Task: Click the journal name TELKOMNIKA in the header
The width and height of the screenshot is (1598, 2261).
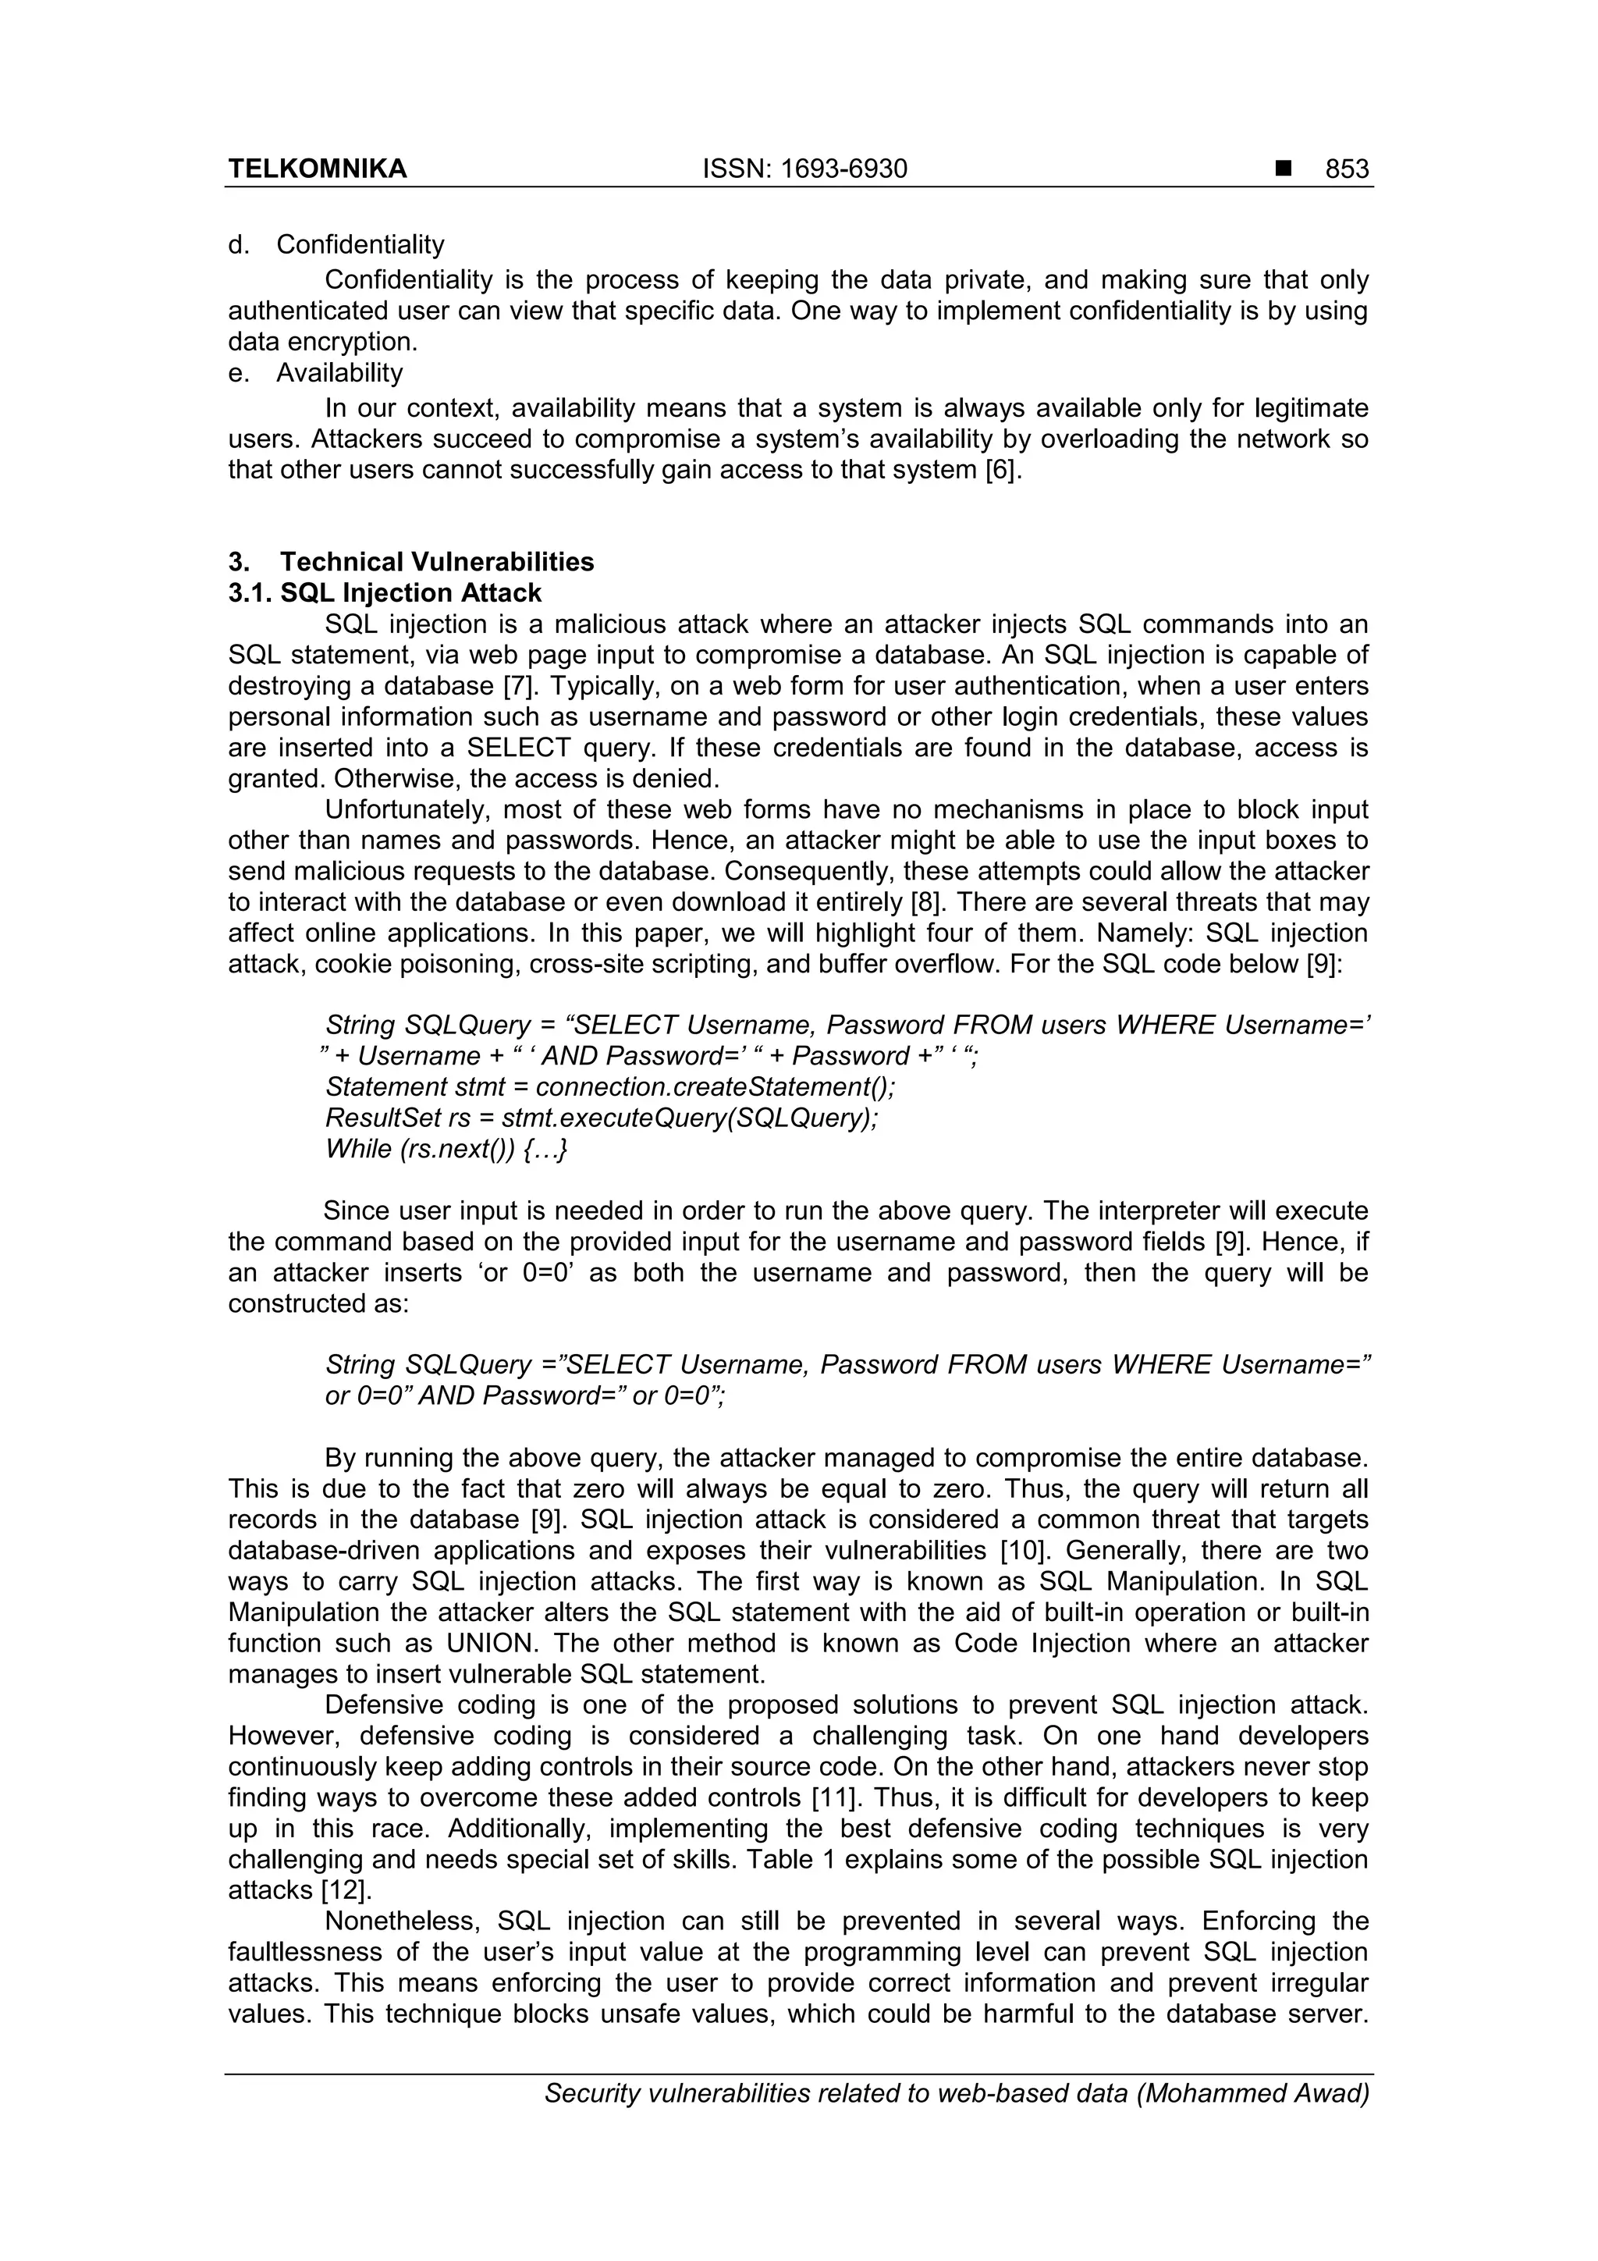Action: click(317, 169)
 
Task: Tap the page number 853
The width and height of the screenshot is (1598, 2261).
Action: click(1346, 169)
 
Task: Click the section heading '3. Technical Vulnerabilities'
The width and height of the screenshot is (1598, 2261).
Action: click(410, 562)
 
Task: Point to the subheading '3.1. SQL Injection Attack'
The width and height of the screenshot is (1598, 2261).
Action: click(384, 593)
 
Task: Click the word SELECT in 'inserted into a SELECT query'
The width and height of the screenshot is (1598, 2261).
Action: click(518, 748)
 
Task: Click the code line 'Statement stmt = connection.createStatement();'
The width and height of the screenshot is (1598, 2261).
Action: click(609, 1087)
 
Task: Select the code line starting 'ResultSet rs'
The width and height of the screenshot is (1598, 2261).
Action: click(601, 1118)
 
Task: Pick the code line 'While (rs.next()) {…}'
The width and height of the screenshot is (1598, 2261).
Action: click(447, 1149)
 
